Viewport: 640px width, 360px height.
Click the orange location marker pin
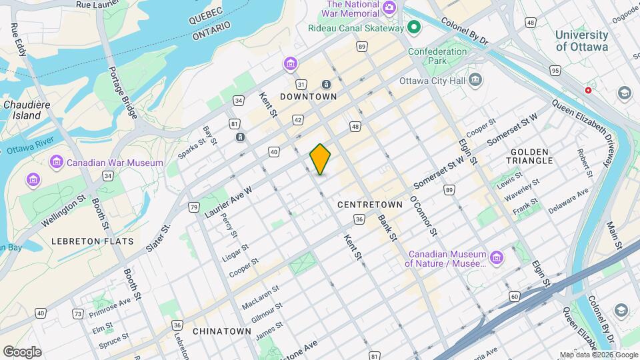point(320,159)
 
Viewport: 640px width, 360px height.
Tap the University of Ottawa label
point(581,41)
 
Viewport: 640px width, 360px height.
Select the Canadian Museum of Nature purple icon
point(496,258)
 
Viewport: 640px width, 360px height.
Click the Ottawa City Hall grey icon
point(475,81)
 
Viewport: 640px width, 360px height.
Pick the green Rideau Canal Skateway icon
point(413,28)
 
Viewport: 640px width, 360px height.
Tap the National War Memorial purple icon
point(389,9)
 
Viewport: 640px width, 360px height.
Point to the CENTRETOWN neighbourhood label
point(369,205)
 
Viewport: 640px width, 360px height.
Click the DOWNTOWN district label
point(308,97)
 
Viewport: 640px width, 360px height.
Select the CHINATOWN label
point(221,331)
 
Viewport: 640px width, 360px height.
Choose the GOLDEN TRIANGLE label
point(531,156)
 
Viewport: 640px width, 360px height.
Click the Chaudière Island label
point(23,110)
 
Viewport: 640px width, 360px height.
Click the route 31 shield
point(301,84)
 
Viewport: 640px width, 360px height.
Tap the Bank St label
point(387,227)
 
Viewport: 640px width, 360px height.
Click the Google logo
point(22,351)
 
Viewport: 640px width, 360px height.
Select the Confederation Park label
point(437,56)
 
